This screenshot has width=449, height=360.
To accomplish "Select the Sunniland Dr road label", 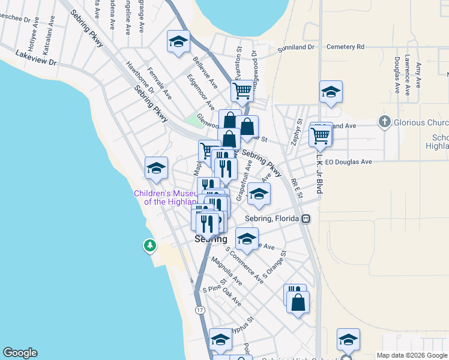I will point(296,47).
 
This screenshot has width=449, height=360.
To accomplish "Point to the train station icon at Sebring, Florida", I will point(306,218).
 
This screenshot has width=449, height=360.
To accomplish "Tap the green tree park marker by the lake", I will point(149,245).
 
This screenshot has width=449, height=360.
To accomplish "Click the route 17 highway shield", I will point(200,310).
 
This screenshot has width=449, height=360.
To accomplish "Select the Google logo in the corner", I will point(20,353).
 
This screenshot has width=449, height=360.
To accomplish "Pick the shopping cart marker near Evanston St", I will point(242,92).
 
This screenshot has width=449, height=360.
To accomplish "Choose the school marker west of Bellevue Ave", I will point(178,42).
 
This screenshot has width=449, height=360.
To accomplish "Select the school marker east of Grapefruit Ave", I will point(259,194).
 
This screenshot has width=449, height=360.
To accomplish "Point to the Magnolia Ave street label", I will point(227,270).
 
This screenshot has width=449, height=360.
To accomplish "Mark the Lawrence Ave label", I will point(407,76).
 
